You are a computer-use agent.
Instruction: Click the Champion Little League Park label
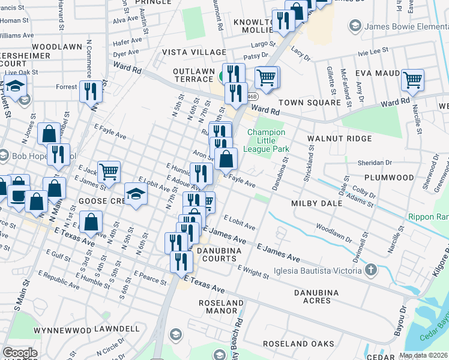[268, 140]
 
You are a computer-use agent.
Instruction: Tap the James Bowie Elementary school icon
[355, 25]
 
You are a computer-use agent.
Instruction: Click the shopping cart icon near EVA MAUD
[412, 79]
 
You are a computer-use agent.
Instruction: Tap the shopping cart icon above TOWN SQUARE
[266, 76]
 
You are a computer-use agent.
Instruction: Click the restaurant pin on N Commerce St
[91, 91]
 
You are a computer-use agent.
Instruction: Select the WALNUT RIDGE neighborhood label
[339, 139]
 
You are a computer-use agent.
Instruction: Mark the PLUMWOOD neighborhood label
[392, 178]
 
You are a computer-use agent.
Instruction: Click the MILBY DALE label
[316, 203]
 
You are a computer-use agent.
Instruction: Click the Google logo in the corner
[20, 353]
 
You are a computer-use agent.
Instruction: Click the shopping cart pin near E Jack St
[109, 172]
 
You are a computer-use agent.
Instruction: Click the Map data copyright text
[424, 355]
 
